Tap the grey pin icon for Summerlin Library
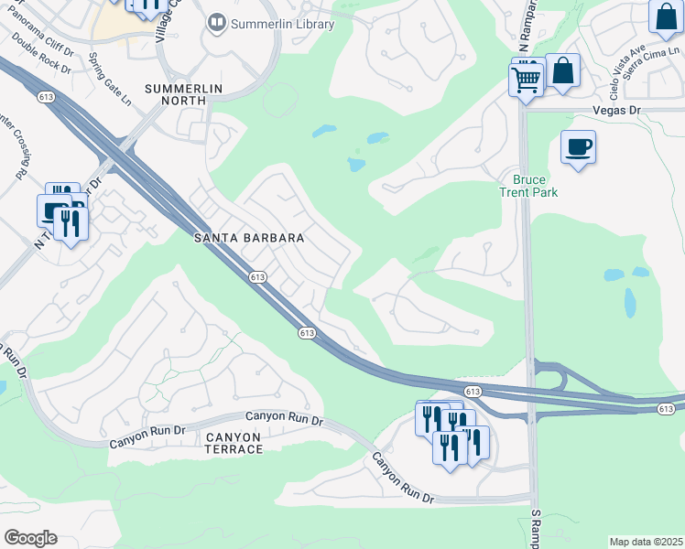coord(217,23)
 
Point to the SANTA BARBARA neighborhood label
coord(249,238)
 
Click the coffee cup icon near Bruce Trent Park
coord(578,147)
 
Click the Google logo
coord(30,538)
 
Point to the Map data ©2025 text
coord(646,542)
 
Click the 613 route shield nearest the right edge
coord(666,408)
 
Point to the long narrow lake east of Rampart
coord(630,303)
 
